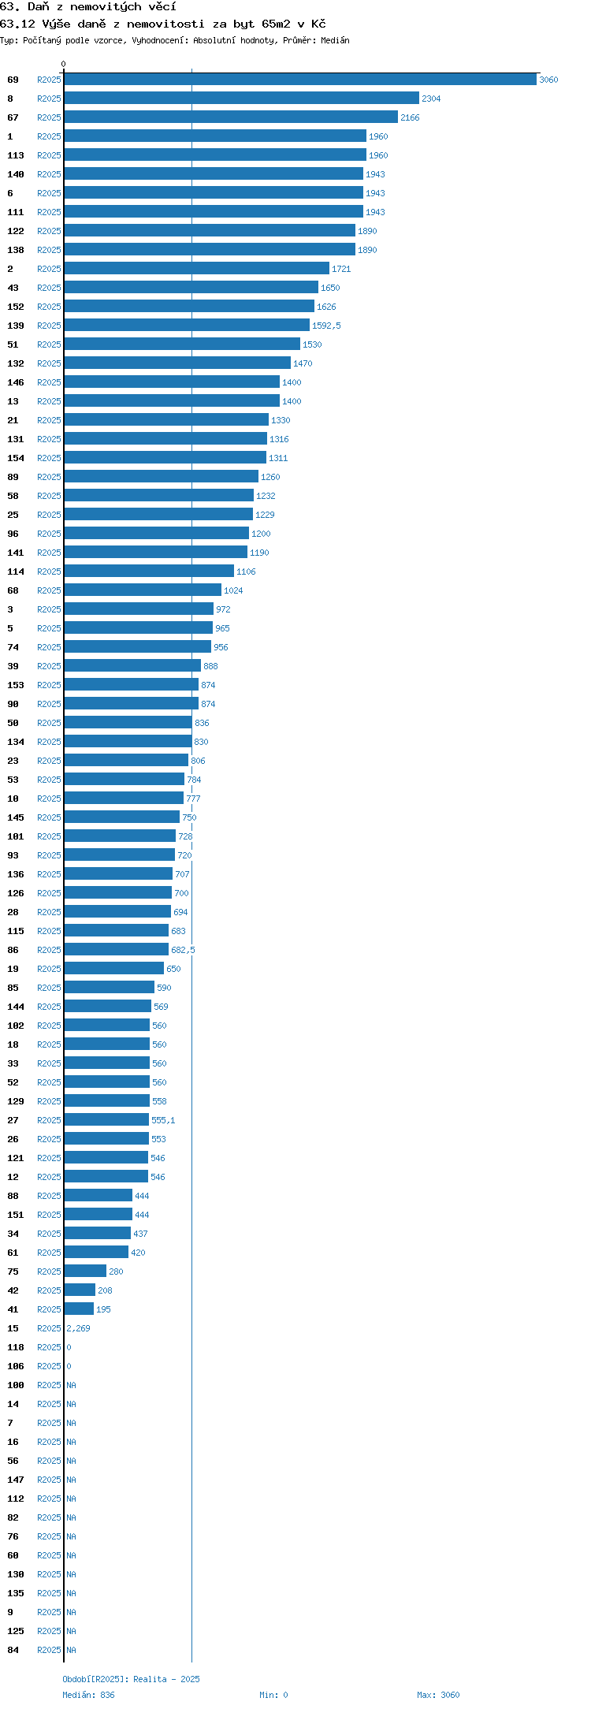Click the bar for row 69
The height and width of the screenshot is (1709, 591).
300,80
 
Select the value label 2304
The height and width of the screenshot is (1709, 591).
431,99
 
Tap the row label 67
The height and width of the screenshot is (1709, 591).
13,117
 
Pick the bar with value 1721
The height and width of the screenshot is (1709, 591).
197,269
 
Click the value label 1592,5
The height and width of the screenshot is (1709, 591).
326,326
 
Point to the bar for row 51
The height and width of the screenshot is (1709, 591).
182,344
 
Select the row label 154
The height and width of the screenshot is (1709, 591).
16,458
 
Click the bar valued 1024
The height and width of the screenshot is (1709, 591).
143,590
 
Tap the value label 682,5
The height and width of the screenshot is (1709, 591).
183,950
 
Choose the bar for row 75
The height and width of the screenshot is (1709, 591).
85,1272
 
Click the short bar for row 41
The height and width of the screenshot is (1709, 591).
79,1309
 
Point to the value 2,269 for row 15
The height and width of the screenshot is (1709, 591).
78,1328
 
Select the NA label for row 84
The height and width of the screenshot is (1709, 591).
71,1650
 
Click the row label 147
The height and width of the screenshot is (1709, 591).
16,1480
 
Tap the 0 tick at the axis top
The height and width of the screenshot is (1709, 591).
64,64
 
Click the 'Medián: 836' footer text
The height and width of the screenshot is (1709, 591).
88,1695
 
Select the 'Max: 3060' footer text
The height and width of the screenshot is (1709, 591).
438,1695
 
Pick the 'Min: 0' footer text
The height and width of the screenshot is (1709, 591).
273,1695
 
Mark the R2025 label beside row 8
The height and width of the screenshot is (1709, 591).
49,99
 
